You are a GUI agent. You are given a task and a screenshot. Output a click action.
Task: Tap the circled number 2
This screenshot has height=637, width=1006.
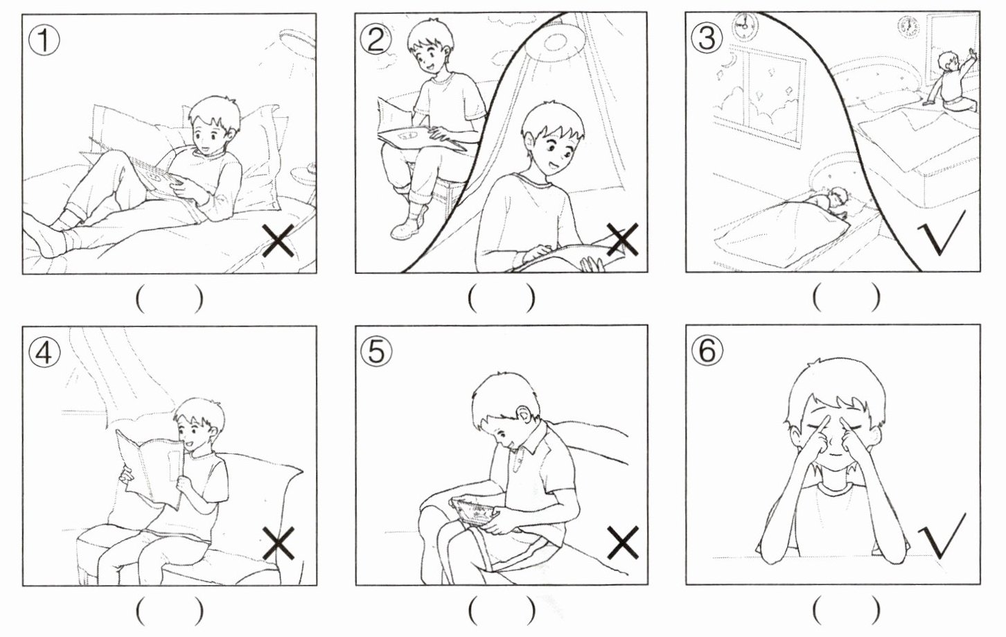click(x=376, y=40)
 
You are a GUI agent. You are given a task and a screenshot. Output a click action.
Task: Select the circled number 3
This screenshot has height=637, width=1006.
click(x=707, y=38)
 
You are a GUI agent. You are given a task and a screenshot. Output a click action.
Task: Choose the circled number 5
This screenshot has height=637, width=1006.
click(x=376, y=351)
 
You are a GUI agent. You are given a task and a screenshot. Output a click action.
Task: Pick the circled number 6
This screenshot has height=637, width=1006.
click(x=707, y=351)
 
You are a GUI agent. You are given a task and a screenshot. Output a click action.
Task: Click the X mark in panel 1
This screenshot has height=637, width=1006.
click(x=279, y=241)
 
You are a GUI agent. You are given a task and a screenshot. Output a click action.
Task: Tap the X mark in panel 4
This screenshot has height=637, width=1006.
click(x=279, y=543)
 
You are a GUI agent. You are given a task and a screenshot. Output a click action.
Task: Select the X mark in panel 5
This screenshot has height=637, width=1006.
click(x=623, y=543)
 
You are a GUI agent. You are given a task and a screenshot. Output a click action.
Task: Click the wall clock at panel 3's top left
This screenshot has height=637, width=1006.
click(x=744, y=26)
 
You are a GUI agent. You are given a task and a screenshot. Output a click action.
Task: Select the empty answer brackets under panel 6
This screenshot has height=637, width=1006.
click(x=846, y=611)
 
